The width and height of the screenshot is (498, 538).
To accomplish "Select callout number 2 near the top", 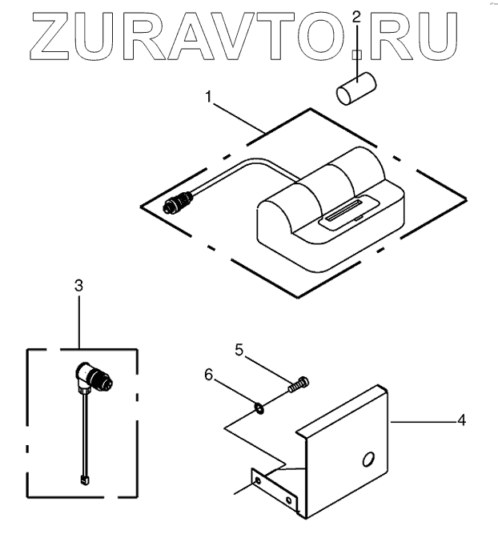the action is pos(356,16).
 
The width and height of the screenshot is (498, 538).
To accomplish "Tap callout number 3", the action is pos(78,285).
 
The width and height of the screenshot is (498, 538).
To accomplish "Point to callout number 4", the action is pos(460,419).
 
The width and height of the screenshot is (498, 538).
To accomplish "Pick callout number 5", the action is pos(239,349).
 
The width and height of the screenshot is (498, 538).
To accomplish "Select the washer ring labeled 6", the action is pos(259,410).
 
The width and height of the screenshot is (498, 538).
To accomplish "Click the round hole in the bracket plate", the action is pos(367,460).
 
